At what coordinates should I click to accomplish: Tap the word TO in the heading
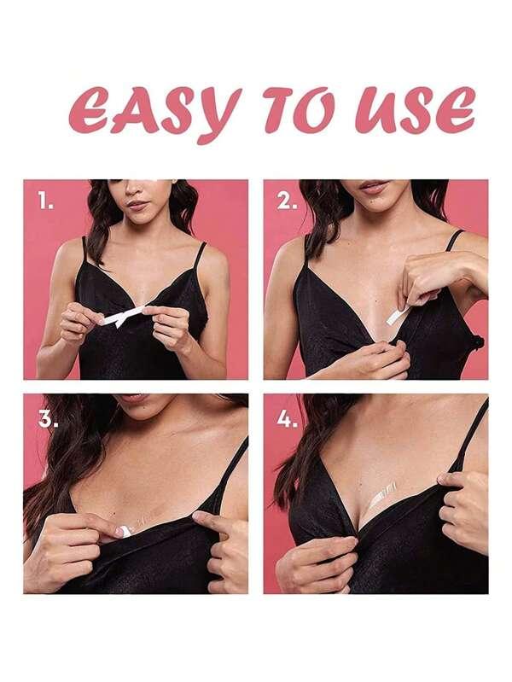(300, 109)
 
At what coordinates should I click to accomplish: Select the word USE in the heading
(415, 109)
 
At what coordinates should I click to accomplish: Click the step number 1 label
(45, 201)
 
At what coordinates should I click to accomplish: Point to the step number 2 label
(287, 201)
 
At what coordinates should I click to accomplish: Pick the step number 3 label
(49, 418)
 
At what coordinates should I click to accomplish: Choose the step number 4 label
(288, 418)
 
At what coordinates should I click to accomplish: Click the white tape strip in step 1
(123, 316)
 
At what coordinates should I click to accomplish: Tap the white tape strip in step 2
(398, 316)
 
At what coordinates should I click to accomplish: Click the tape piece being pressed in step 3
(125, 531)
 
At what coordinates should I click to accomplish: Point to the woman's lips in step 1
(138, 204)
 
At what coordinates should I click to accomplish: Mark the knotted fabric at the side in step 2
(476, 342)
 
